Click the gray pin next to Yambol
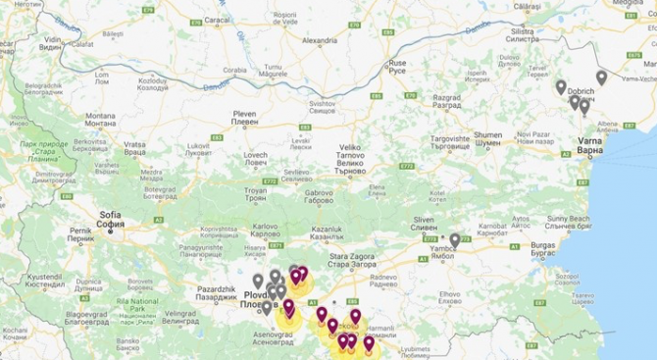point(455,240)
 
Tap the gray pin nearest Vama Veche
point(601,77)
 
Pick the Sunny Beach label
point(570,218)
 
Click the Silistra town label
point(523,33)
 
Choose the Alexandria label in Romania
point(319,41)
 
